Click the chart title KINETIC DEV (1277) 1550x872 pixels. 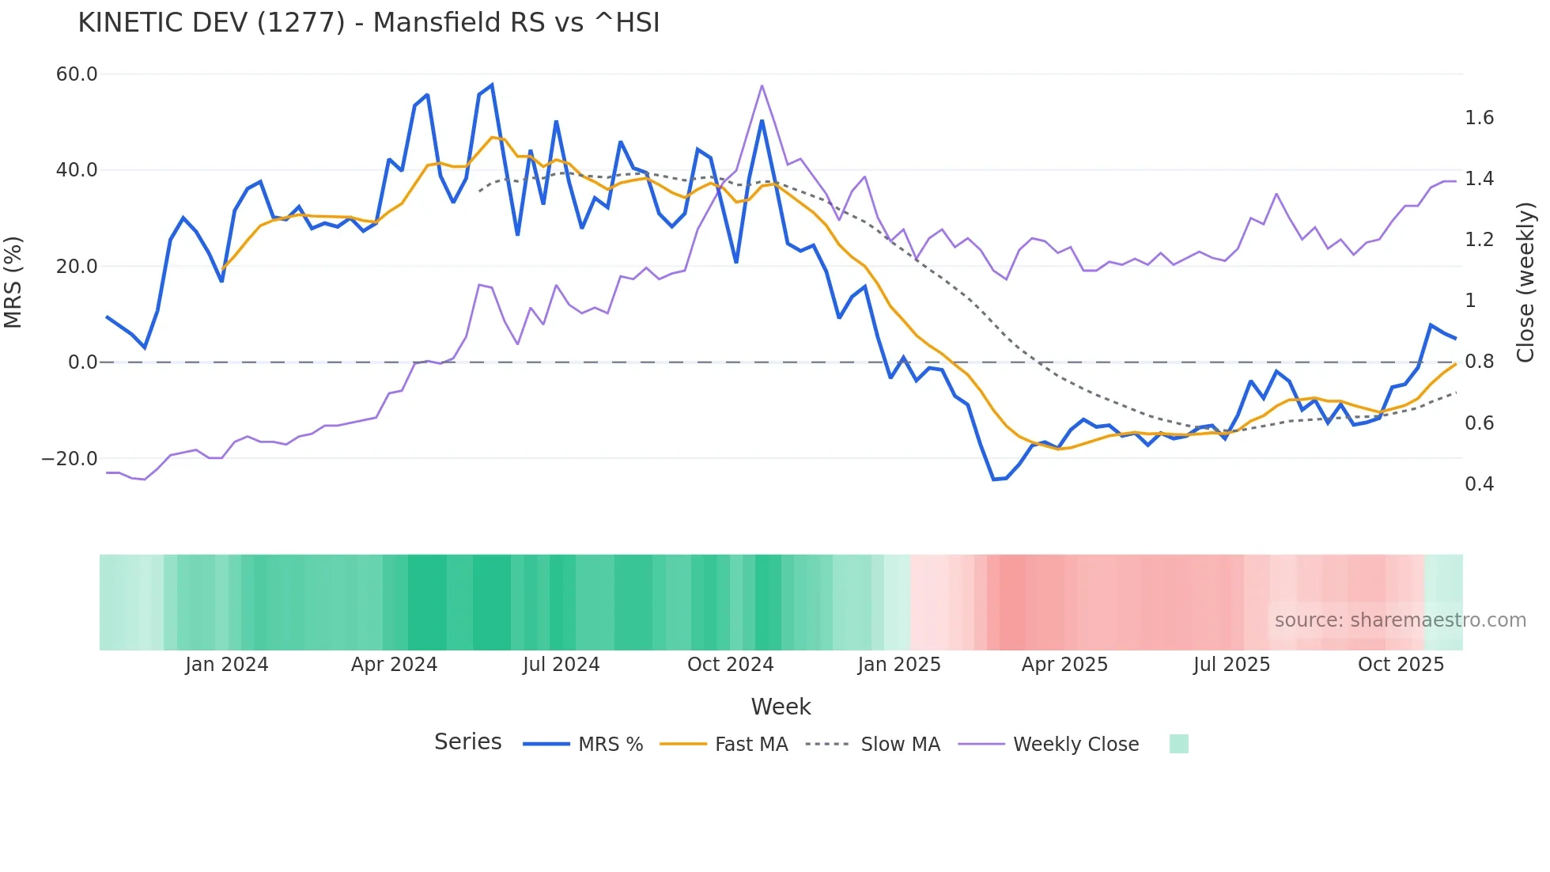369,23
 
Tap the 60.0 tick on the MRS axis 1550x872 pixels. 77,74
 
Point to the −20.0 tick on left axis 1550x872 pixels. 70,459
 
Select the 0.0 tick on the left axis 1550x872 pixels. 82,362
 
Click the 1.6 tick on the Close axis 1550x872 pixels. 1480,118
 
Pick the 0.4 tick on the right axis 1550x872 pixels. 1480,484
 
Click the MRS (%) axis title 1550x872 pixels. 13,282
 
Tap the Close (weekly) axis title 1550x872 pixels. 1525,282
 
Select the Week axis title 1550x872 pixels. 781,707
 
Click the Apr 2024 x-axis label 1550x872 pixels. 394,665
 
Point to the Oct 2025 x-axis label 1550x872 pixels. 1401,665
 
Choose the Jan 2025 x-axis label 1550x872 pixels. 899,665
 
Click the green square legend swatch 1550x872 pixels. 1178,744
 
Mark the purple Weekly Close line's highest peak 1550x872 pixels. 762,85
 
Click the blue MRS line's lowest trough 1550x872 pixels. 994,480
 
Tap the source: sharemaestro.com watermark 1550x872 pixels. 1400,620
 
